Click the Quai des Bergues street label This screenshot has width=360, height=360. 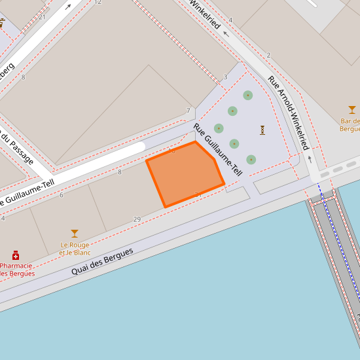pyautogui.click(x=102, y=261)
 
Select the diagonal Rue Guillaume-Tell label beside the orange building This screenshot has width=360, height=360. pyautogui.click(x=218, y=150)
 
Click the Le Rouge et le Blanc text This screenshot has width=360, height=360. pyautogui.click(x=75, y=249)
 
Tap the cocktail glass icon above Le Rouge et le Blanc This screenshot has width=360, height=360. pyautogui.click(x=75, y=234)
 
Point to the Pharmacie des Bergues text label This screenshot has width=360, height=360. pyautogui.click(x=17, y=269)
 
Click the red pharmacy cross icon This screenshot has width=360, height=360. pyautogui.click(x=16, y=255)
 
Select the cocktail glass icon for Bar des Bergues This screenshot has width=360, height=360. pyautogui.click(x=352, y=110)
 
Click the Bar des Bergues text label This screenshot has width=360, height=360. pyautogui.click(x=350, y=125)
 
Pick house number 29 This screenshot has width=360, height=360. pyautogui.click(x=137, y=219)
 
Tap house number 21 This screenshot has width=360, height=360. pyautogui.click(x=42, y=17)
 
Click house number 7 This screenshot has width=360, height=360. pyautogui.click(x=188, y=111)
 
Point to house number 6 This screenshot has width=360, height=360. pyautogui.click(x=62, y=195)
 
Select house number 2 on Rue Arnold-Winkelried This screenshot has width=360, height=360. pyautogui.click(x=268, y=56)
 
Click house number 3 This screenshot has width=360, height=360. pyautogui.click(x=225, y=77)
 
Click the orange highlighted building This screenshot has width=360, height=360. pyautogui.click(x=185, y=173)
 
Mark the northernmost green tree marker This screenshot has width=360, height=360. pyautogui.click(x=248, y=95)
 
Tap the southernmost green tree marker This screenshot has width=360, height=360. pyautogui.click(x=251, y=160)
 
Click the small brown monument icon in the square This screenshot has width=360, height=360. pyautogui.click(x=262, y=130)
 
